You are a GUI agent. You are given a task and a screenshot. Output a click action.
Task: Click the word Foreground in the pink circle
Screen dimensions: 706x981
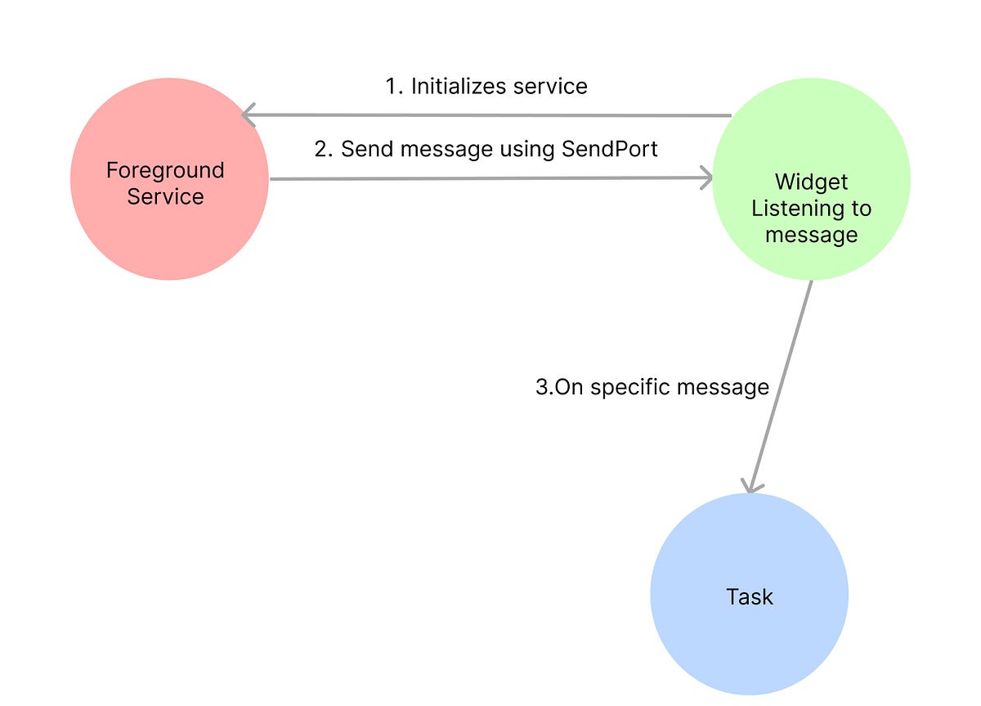pyautogui.click(x=165, y=170)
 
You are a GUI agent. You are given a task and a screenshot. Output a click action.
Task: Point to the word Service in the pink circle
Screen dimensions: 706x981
pyautogui.click(x=165, y=196)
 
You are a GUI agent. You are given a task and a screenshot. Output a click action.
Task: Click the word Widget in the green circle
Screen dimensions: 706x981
pyautogui.click(x=811, y=182)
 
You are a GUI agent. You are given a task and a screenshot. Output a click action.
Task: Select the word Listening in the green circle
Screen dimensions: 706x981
pyautogui.click(x=811, y=209)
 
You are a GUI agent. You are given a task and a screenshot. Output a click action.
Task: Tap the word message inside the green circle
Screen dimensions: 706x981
pyautogui.click(x=811, y=235)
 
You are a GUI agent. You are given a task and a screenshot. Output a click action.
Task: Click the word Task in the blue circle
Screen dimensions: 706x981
pyautogui.click(x=749, y=596)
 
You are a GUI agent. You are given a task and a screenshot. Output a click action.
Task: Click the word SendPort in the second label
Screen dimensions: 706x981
pyautogui.click(x=609, y=149)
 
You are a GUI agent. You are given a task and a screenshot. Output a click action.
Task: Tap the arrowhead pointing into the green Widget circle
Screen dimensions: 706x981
pyautogui.click(x=706, y=178)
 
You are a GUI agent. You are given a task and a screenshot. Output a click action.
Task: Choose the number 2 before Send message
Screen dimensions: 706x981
pyautogui.click(x=321, y=149)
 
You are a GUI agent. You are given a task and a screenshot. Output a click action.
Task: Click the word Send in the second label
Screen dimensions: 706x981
pyautogui.click(x=363, y=149)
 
